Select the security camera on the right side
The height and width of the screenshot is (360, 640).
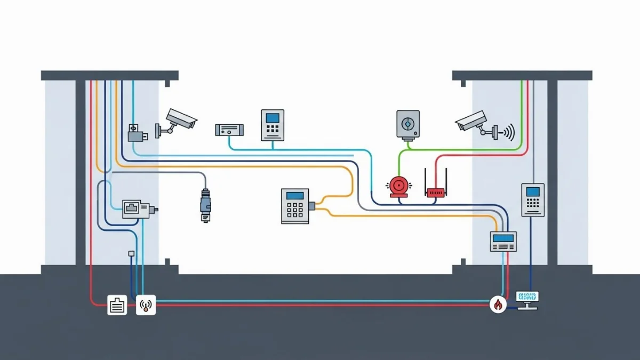(x=472, y=121)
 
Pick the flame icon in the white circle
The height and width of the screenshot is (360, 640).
(x=498, y=305)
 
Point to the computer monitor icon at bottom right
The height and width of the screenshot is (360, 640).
(x=527, y=300)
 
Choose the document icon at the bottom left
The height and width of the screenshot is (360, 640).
(x=117, y=305)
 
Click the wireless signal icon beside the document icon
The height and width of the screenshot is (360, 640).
(x=146, y=305)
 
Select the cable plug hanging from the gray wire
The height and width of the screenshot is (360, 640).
(x=206, y=205)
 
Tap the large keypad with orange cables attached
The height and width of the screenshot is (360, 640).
(x=295, y=205)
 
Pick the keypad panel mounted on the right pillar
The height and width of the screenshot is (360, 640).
(x=532, y=199)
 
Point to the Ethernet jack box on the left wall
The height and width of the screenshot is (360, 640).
(x=135, y=209)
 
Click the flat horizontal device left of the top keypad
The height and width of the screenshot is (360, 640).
(x=229, y=130)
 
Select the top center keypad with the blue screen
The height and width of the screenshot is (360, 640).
(x=273, y=125)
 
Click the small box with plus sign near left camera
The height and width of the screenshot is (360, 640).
(x=134, y=129)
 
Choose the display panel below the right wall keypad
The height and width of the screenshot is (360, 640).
(x=503, y=241)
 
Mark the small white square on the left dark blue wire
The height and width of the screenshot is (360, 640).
(x=131, y=254)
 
